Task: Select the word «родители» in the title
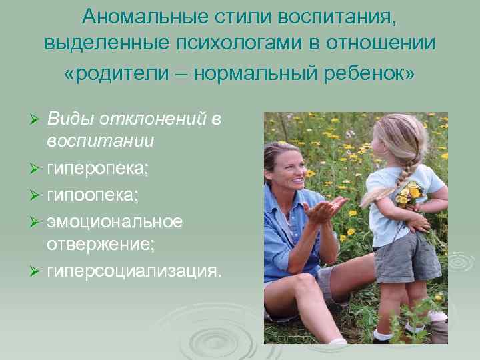coord(127,72)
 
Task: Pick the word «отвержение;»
coord(101,245)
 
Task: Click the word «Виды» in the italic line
coord(70,118)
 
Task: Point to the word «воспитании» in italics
coord(101,141)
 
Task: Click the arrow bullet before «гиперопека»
coord(37,168)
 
